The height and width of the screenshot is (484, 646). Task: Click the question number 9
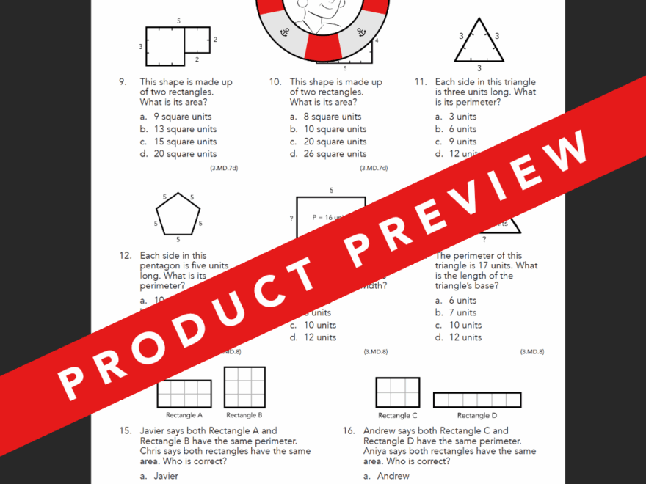click(x=122, y=82)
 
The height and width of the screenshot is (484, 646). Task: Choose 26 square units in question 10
click(x=328, y=154)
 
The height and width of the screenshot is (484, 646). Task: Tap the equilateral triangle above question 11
click(x=479, y=43)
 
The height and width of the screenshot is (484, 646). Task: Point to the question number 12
click(x=124, y=255)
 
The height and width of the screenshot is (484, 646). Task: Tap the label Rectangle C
click(x=399, y=415)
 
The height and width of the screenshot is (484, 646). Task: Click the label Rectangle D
click(x=477, y=416)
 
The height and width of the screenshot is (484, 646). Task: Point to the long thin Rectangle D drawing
click(x=477, y=400)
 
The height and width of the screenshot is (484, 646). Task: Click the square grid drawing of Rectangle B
click(x=244, y=387)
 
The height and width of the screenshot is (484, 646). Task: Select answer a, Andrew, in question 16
click(x=388, y=476)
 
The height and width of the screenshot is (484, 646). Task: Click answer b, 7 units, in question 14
click(x=456, y=312)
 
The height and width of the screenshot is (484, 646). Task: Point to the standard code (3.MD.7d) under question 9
click(x=224, y=168)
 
